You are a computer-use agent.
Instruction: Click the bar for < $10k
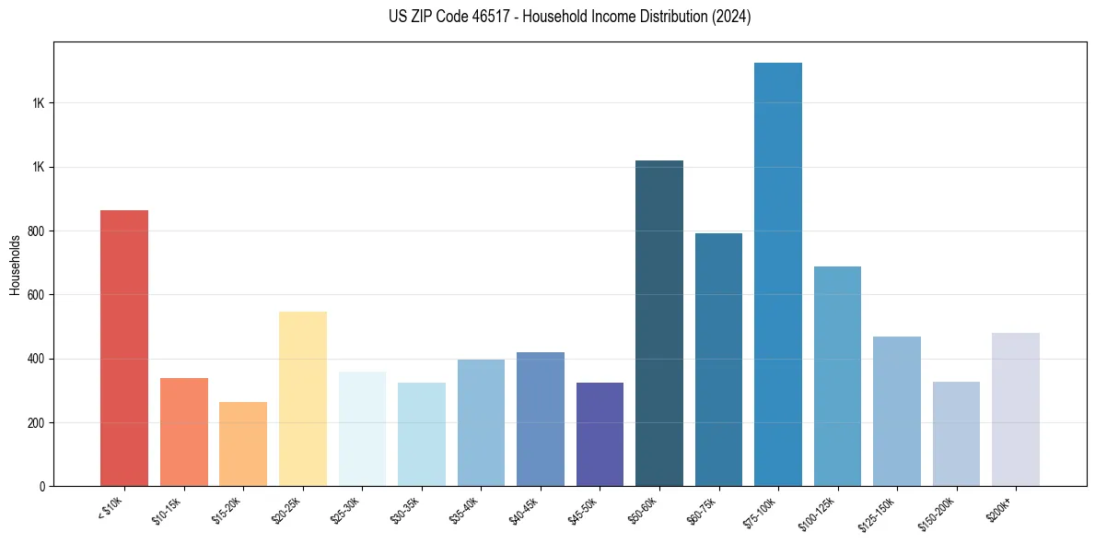click(x=124, y=349)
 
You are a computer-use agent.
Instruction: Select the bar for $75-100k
click(x=778, y=275)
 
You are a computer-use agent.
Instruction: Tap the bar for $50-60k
click(x=659, y=324)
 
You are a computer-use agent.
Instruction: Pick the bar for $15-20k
click(x=243, y=444)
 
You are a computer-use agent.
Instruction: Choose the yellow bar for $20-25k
click(x=303, y=399)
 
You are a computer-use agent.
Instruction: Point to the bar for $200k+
click(x=1016, y=409)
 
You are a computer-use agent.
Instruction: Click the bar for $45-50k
click(x=600, y=434)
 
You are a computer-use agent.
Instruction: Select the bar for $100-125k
click(x=837, y=376)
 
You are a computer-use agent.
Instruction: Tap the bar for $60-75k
click(x=718, y=360)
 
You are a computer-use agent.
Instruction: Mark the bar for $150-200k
click(x=956, y=433)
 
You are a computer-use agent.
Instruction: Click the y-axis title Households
click(x=15, y=265)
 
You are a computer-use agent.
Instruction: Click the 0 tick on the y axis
click(x=43, y=486)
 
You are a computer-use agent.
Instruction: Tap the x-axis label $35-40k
click(x=464, y=511)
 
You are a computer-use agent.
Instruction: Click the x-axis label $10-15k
click(x=167, y=511)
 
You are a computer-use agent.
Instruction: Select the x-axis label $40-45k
click(x=524, y=511)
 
